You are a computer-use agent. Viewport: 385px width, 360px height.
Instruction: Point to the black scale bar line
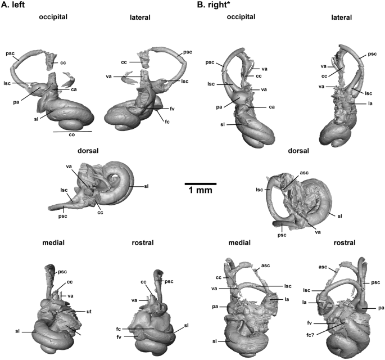[201, 183]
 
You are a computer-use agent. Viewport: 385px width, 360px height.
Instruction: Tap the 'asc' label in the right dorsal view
[289, 175]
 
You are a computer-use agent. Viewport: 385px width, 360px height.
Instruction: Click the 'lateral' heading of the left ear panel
[139, 17]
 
